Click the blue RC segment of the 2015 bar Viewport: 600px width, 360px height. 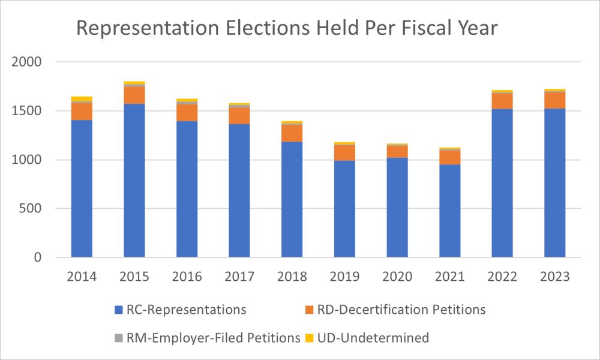coord(134,180)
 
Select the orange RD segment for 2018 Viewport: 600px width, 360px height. coord(292,133)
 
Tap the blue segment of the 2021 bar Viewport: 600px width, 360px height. coord(450,211)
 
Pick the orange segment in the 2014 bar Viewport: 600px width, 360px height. coord(82,111)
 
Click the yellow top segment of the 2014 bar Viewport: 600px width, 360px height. coord(82,98)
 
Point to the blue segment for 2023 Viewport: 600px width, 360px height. coord(555,182)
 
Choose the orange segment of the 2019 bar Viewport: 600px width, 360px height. coord(345,152)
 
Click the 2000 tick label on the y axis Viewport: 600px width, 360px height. coord(28,62)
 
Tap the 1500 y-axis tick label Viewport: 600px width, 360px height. coord(28,111)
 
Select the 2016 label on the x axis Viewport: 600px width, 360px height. coord(187,277)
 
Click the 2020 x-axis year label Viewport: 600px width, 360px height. coord(397,277)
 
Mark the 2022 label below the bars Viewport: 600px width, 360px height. coord(502,277)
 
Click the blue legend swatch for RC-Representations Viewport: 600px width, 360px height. coord(119,310)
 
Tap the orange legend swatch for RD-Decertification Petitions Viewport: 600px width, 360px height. coord(310,310)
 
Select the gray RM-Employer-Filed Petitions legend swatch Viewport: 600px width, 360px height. coord(119,338)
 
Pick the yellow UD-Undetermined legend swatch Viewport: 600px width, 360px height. coord(310,338)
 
